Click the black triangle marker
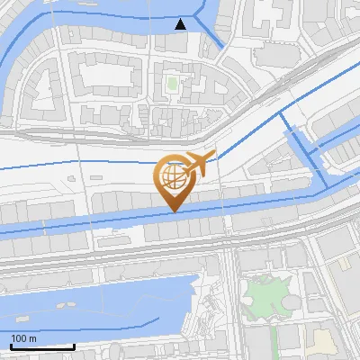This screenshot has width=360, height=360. (x=182, y=23)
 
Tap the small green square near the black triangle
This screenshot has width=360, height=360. (x=172, y=85)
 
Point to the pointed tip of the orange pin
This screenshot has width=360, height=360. (x=172, y=211)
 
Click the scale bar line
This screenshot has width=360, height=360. (x=41, y=347)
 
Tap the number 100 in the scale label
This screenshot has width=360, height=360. (x=17, y=338)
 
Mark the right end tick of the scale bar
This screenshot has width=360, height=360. (x=74, y=346)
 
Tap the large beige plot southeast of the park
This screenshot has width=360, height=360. (x=322, y=342)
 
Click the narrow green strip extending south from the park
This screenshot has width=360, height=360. (x=270, y=337)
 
